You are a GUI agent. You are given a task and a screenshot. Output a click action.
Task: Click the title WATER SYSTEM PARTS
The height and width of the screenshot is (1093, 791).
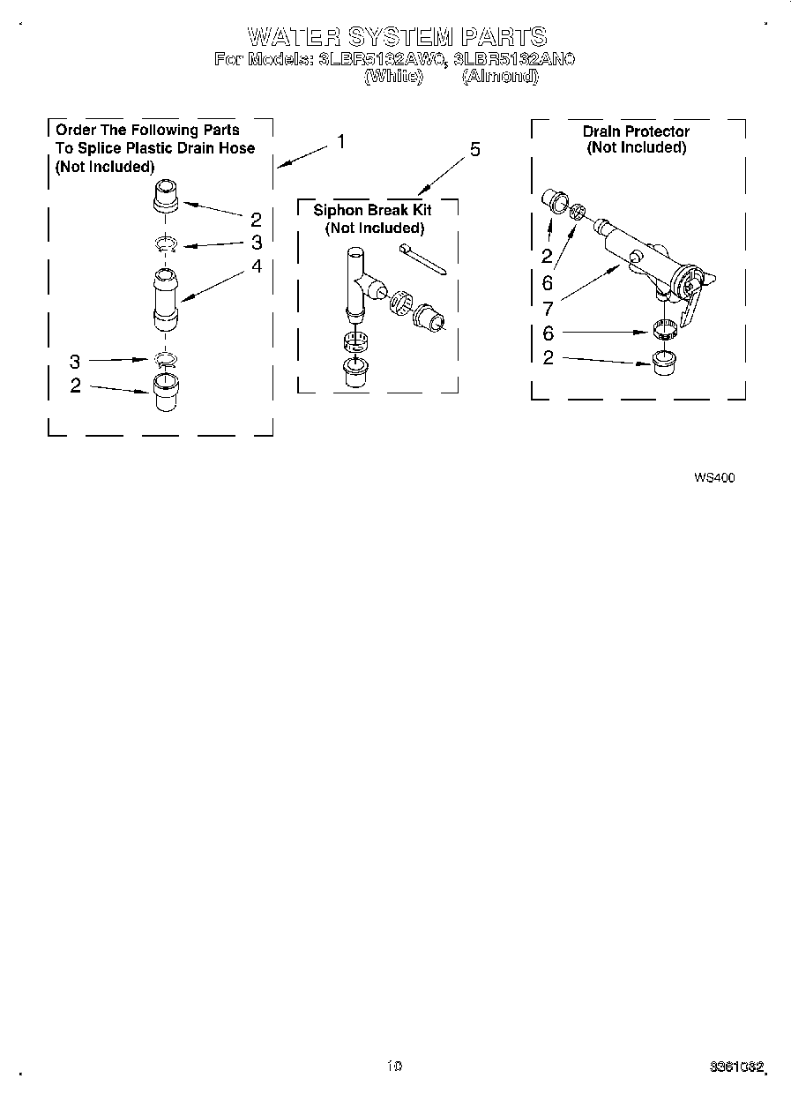(x=397, y=36)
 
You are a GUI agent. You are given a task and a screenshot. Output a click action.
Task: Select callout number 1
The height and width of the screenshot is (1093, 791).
(x=341, y=141)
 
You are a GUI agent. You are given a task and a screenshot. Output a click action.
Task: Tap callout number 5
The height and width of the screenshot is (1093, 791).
(x=475, y=150)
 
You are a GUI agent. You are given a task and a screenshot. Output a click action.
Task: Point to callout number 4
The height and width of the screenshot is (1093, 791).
(x=257, y=265)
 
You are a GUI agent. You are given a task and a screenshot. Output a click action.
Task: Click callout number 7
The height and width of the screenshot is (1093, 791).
(x=548, y=308)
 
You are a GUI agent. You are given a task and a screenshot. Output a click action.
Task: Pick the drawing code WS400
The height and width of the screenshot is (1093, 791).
(x=714, y=478)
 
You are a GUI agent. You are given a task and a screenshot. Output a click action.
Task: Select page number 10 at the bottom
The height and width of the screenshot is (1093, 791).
(x=394, y=1066)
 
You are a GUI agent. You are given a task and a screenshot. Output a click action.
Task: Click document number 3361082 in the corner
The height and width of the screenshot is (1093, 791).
(x=736, y=1067)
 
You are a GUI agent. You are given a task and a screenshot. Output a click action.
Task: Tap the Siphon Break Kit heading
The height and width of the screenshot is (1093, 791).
(x=373, y=211)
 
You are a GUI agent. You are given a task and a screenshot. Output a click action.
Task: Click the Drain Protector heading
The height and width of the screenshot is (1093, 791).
(x=636, y=131)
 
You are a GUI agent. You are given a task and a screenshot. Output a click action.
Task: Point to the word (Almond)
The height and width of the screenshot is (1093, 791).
(x=500, y=77)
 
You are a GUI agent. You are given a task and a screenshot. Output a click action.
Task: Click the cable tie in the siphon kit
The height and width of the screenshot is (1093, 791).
(x=422, y=260)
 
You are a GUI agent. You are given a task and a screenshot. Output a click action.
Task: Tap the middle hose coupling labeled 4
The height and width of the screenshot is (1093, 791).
(x=164, y=300)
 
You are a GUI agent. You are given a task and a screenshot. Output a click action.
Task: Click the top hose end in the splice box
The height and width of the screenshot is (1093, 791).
(x=167, y=195)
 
